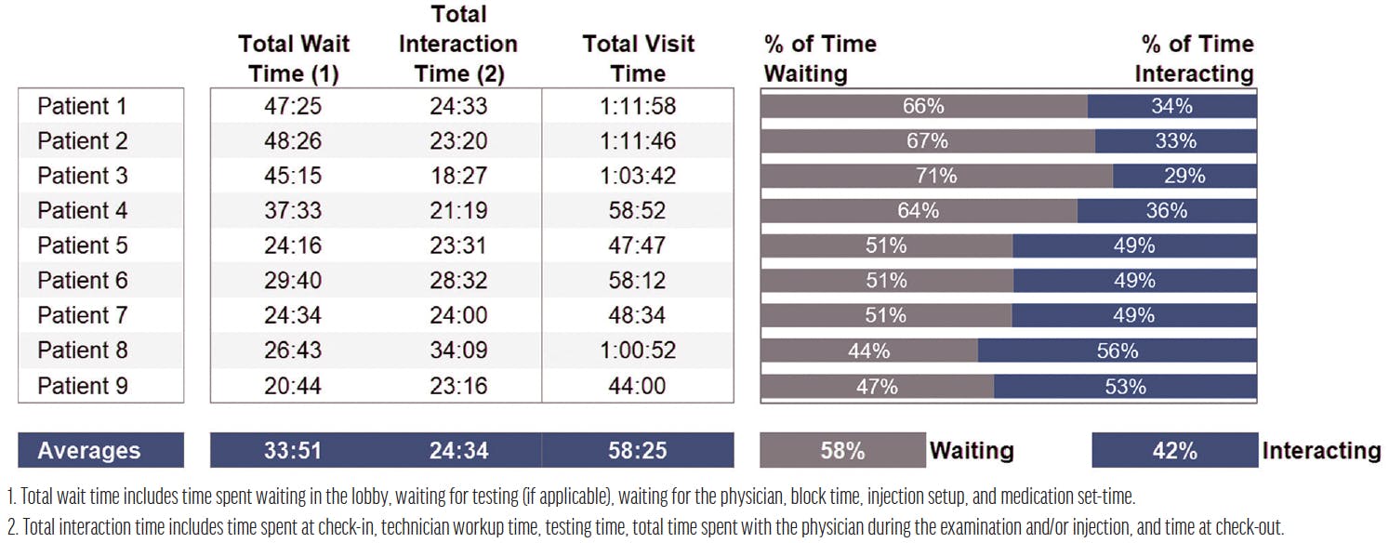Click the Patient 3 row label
(x=82, y=176)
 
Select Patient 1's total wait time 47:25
(x=294, y=106)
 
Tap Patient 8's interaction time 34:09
(x=458, y=351)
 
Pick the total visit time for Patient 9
(x=637, y=385)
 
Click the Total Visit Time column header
(x=637, y=59)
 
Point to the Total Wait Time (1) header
(x=294, y=59)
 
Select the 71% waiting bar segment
(x=936, y=176)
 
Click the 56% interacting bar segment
(x=1117, y=351)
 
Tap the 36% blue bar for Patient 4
(x=1167, y=211)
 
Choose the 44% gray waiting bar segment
(x=869, y=351)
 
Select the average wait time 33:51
(x=294, y=451)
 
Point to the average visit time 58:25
(x=637, y=451)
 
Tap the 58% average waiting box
(x=842, y=451)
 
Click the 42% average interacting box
(x=1174, y=451)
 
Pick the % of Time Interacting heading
(x=1195, y=59)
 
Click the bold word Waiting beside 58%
(x=972, y=451)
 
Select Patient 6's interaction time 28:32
(x=458, y=281)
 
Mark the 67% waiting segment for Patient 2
(x=927, y=141)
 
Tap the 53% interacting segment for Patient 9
(x=1125, y=385)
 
